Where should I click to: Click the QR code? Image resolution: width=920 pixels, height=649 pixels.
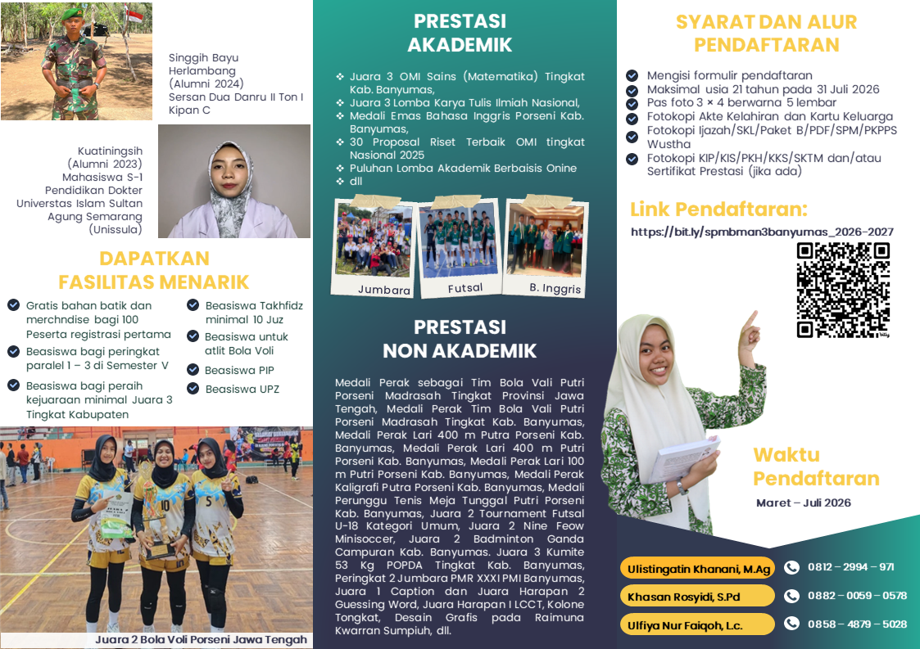(844, 291)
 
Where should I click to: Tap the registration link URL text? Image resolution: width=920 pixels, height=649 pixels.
(762, 232)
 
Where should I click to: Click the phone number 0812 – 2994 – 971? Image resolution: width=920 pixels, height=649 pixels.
(850, 567)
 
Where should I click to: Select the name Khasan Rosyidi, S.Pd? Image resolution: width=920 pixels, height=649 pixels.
(684, 596)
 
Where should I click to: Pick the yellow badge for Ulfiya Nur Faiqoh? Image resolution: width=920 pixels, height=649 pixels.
(696, 624)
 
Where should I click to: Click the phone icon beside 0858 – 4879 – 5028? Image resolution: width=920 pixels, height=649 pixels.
(791, 624)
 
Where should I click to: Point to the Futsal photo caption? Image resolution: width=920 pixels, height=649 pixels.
(465, 288)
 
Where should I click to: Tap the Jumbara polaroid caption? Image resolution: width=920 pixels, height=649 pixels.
(383, 290)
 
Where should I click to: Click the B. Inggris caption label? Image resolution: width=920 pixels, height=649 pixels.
(555, 289)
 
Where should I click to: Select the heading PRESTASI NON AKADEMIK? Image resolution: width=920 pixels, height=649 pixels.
(460, 339)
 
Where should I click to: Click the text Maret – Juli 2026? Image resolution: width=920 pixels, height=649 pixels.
(804, 503)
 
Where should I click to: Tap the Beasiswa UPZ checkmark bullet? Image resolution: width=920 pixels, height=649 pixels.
(193, 389)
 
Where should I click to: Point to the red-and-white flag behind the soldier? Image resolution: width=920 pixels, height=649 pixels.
(134, 16)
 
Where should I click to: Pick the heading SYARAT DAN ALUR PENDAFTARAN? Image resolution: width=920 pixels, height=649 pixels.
(766, 33)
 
